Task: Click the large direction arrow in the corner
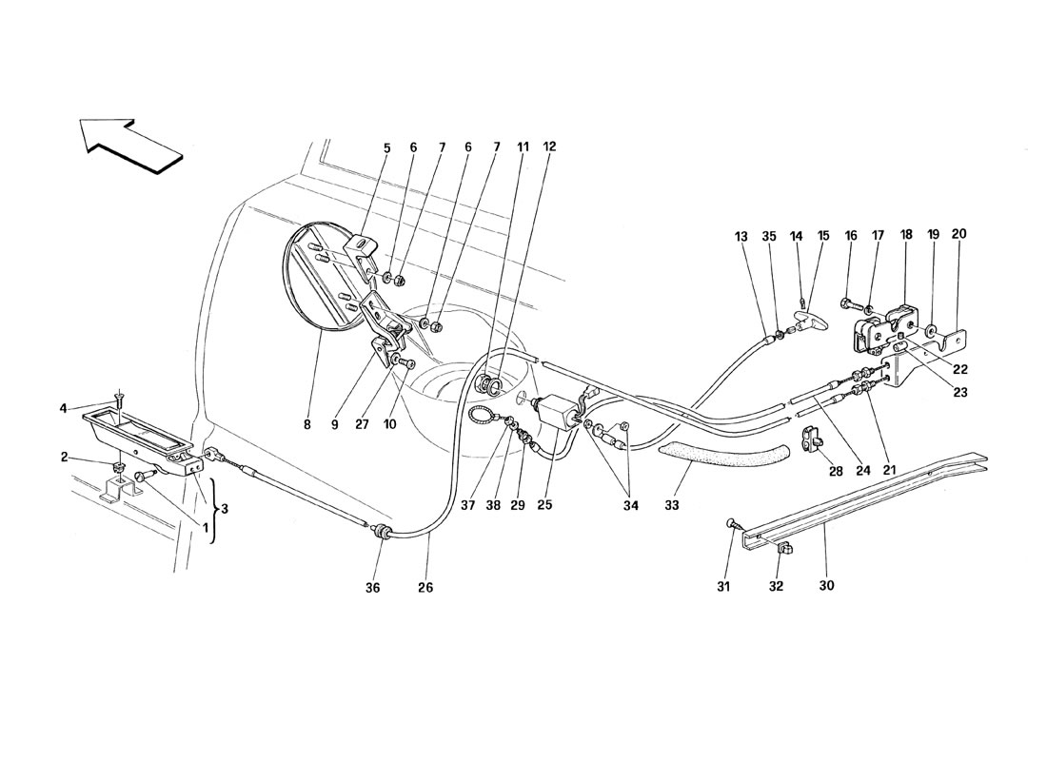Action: [x=130, y=146]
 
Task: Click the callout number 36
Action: [x=372, y=588]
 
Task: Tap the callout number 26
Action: [x=425, y=588]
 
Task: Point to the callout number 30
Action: [x=826, y=586]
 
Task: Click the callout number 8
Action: [x=307, y=426]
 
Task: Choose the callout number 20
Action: [x=958, y=234]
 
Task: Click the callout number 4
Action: [x=62, y=409]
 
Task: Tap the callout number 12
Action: [x=550, y=147]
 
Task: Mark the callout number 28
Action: [x=836, y=471]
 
